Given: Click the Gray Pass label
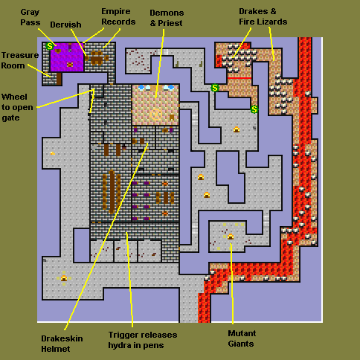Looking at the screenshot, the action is [x=30, y=17].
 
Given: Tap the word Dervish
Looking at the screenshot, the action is [x=65, y=25].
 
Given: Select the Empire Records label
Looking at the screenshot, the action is [x=118, y=16].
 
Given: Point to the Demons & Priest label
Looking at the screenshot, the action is [x=167, y=18].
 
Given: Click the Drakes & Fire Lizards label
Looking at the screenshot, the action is [x=263, y=16].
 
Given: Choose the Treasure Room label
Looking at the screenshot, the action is [x=20, y=60].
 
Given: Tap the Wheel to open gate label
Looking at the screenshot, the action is [x=17, y=107].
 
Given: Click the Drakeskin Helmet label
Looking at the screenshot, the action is [x=62, y=344].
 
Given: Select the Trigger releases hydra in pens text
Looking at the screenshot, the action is [x=143, y=340].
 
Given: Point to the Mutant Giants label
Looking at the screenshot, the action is [x=242, y=338].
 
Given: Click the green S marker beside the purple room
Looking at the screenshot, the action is [x=50, y=46].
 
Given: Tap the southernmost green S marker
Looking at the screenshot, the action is [x=254, y=109].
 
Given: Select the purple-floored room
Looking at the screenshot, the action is [x=67, y=57].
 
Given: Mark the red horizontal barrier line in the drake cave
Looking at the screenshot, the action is [x=240, y=78].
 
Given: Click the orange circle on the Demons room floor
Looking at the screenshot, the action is [x=156, y=115].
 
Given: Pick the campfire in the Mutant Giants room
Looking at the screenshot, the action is [x=231, y=237].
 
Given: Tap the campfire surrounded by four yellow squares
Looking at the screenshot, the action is [x=64, y=278].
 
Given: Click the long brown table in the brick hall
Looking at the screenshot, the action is [x=112, y=191].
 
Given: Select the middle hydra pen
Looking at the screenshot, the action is [x=126, y=251].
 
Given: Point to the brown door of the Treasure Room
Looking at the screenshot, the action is [x=59, y=79].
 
